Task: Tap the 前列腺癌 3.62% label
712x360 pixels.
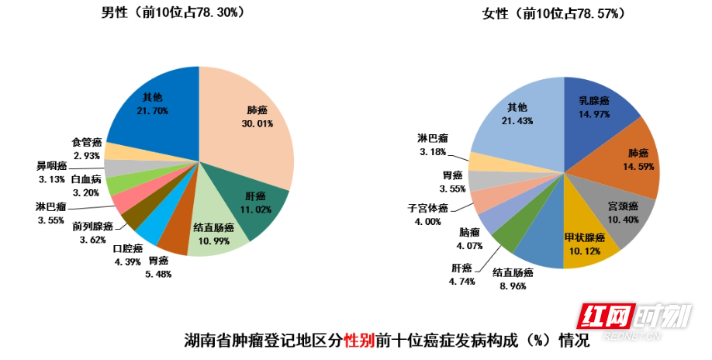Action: (x=93, y=233)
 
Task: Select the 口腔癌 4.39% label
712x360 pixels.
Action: (x=128, y=254)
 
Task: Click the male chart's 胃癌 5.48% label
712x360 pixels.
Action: (x=158, y=267)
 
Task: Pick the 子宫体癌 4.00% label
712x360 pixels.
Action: (x=429, y=214)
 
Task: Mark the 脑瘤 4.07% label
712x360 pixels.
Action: (x=470, y=238)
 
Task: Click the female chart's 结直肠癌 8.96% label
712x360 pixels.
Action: (x=513, y=279)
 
